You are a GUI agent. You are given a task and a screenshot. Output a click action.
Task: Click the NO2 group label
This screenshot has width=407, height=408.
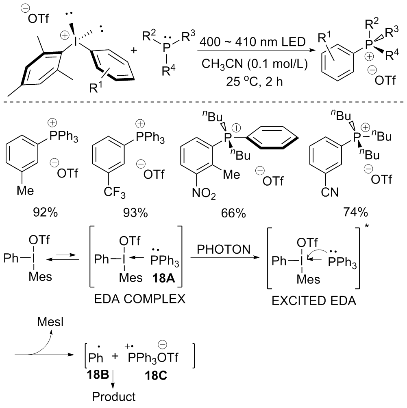[x=209, y=191]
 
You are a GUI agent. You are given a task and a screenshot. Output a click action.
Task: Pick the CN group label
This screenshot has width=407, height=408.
[x=320, y=190]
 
